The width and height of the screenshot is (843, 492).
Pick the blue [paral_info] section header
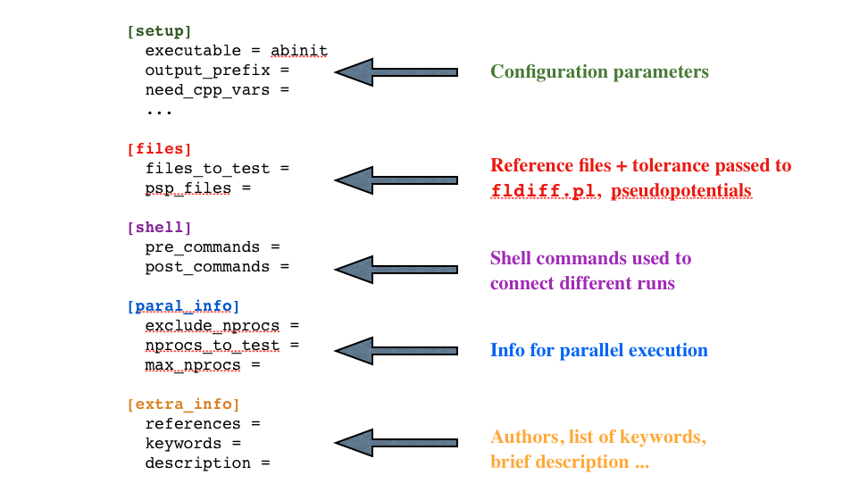point(183,306)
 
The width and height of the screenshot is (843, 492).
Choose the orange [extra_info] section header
point(183,404)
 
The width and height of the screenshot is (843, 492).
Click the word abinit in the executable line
point(299,51)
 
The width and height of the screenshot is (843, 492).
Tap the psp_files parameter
point(188,188)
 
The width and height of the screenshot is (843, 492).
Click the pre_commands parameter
point(202,246)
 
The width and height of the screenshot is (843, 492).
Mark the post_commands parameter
point(207,266)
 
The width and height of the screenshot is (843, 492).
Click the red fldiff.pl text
point(545,191)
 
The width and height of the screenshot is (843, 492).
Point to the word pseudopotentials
point(681,191)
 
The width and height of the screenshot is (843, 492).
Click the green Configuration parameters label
point(599,71)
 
